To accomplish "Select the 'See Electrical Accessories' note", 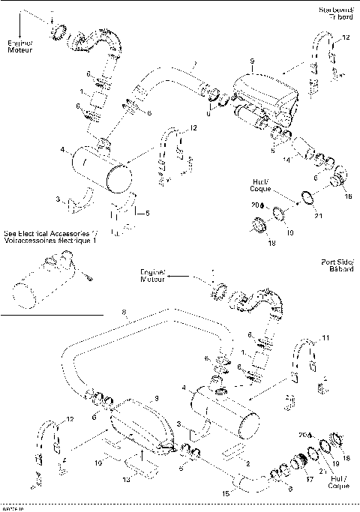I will coord(51,238).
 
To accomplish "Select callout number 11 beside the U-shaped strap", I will coord(324,339).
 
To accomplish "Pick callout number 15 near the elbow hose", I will coord(225,493).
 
